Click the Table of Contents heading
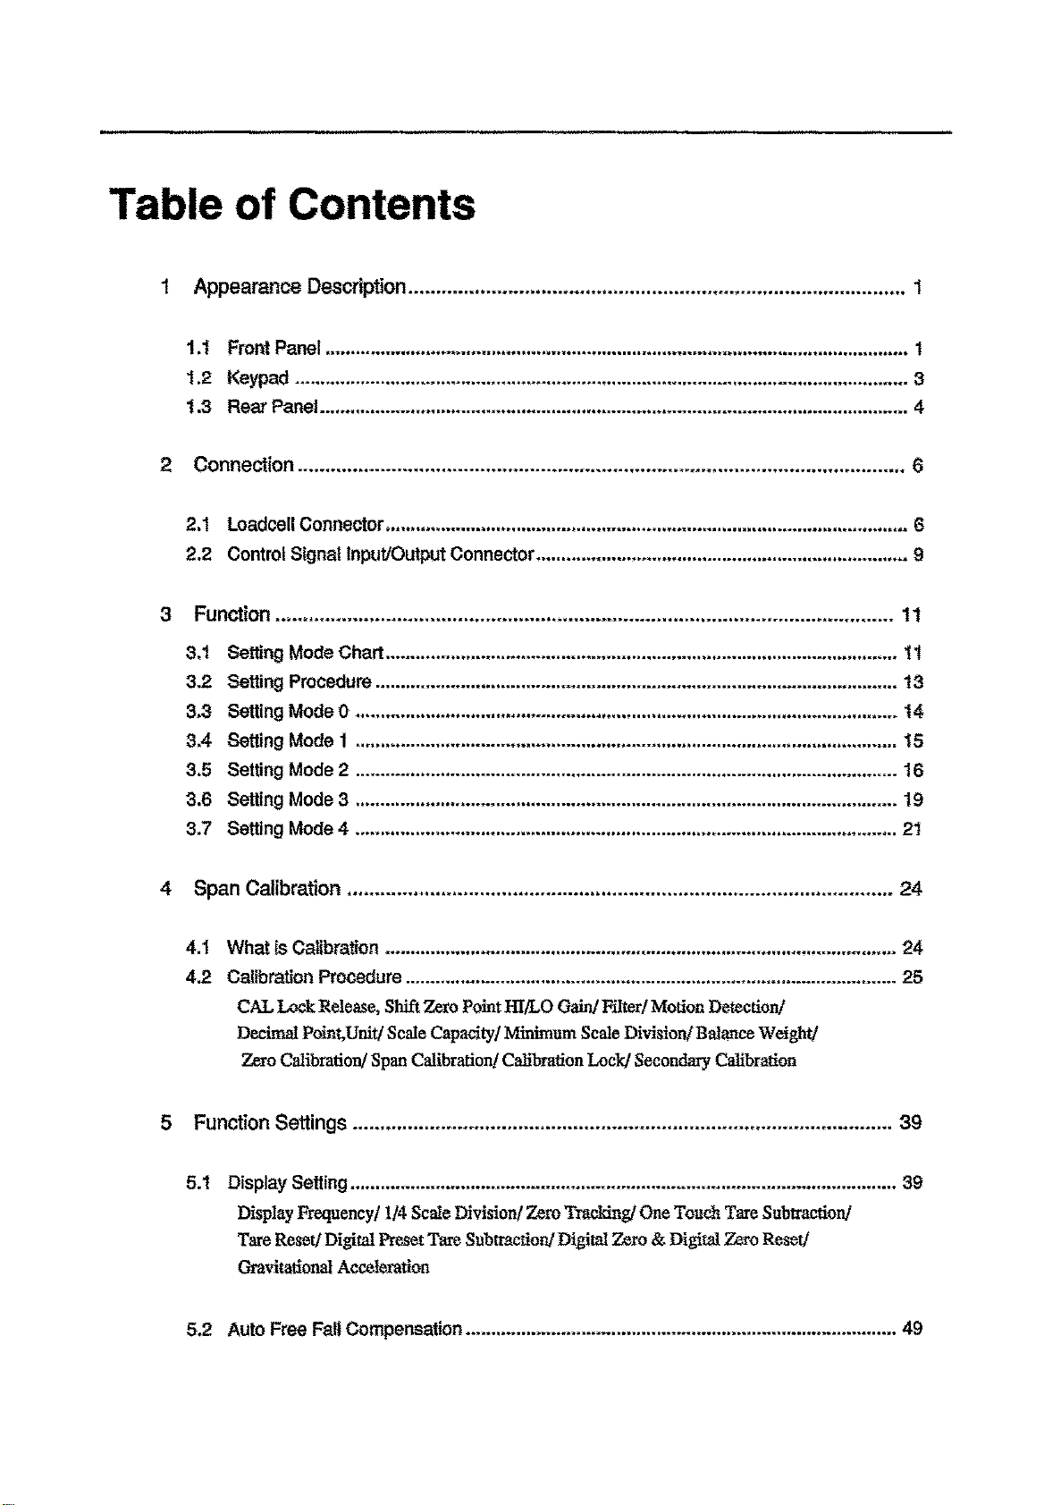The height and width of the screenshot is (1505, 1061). point(292,205)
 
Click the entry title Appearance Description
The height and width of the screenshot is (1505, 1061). point(299,287)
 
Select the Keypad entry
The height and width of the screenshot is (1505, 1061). point(257,377)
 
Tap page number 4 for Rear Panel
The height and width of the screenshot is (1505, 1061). point(918,408)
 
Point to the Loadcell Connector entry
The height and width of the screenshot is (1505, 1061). point(305,524)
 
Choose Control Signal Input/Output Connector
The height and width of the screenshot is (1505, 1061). point(380,554)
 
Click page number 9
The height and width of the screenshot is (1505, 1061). point(918,554)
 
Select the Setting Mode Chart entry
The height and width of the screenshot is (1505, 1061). point(305,652)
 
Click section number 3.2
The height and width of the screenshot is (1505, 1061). point(198,682)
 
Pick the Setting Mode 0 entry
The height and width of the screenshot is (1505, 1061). point(287,712)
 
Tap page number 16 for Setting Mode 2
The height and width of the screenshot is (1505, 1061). point(913,771)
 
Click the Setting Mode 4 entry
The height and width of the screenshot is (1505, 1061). point(287,829)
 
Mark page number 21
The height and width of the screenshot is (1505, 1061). point(913,829)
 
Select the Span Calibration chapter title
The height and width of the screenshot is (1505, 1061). point(266,889)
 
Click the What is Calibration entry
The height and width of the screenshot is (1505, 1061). point(302,948)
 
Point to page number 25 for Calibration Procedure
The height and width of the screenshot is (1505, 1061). point(913,977)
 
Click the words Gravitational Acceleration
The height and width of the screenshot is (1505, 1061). point(333,1267)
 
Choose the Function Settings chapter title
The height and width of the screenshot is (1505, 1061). point(270,1123)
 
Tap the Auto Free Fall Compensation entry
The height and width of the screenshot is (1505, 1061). point(344,1329)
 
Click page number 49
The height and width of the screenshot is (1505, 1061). point(913,1329)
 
